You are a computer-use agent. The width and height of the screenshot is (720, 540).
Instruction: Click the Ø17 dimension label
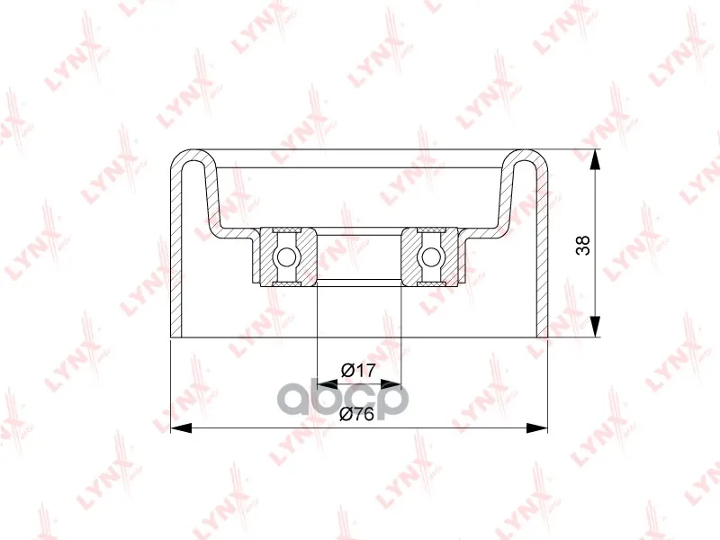358,370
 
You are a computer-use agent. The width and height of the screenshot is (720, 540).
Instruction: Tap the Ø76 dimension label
356,414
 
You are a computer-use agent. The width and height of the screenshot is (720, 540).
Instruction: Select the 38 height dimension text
582,245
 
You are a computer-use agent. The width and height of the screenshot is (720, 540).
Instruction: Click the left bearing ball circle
286,256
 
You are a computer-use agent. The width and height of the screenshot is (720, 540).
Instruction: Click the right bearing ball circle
431,256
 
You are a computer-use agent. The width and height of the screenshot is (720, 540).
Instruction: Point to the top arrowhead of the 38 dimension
595,160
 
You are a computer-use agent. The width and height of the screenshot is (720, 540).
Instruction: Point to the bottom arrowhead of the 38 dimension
595,327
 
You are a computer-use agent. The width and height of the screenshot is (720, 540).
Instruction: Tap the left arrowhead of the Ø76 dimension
181,428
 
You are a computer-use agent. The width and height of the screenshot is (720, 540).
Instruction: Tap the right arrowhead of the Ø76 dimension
537,428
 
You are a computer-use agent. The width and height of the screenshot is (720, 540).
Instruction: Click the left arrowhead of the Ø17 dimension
328,384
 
